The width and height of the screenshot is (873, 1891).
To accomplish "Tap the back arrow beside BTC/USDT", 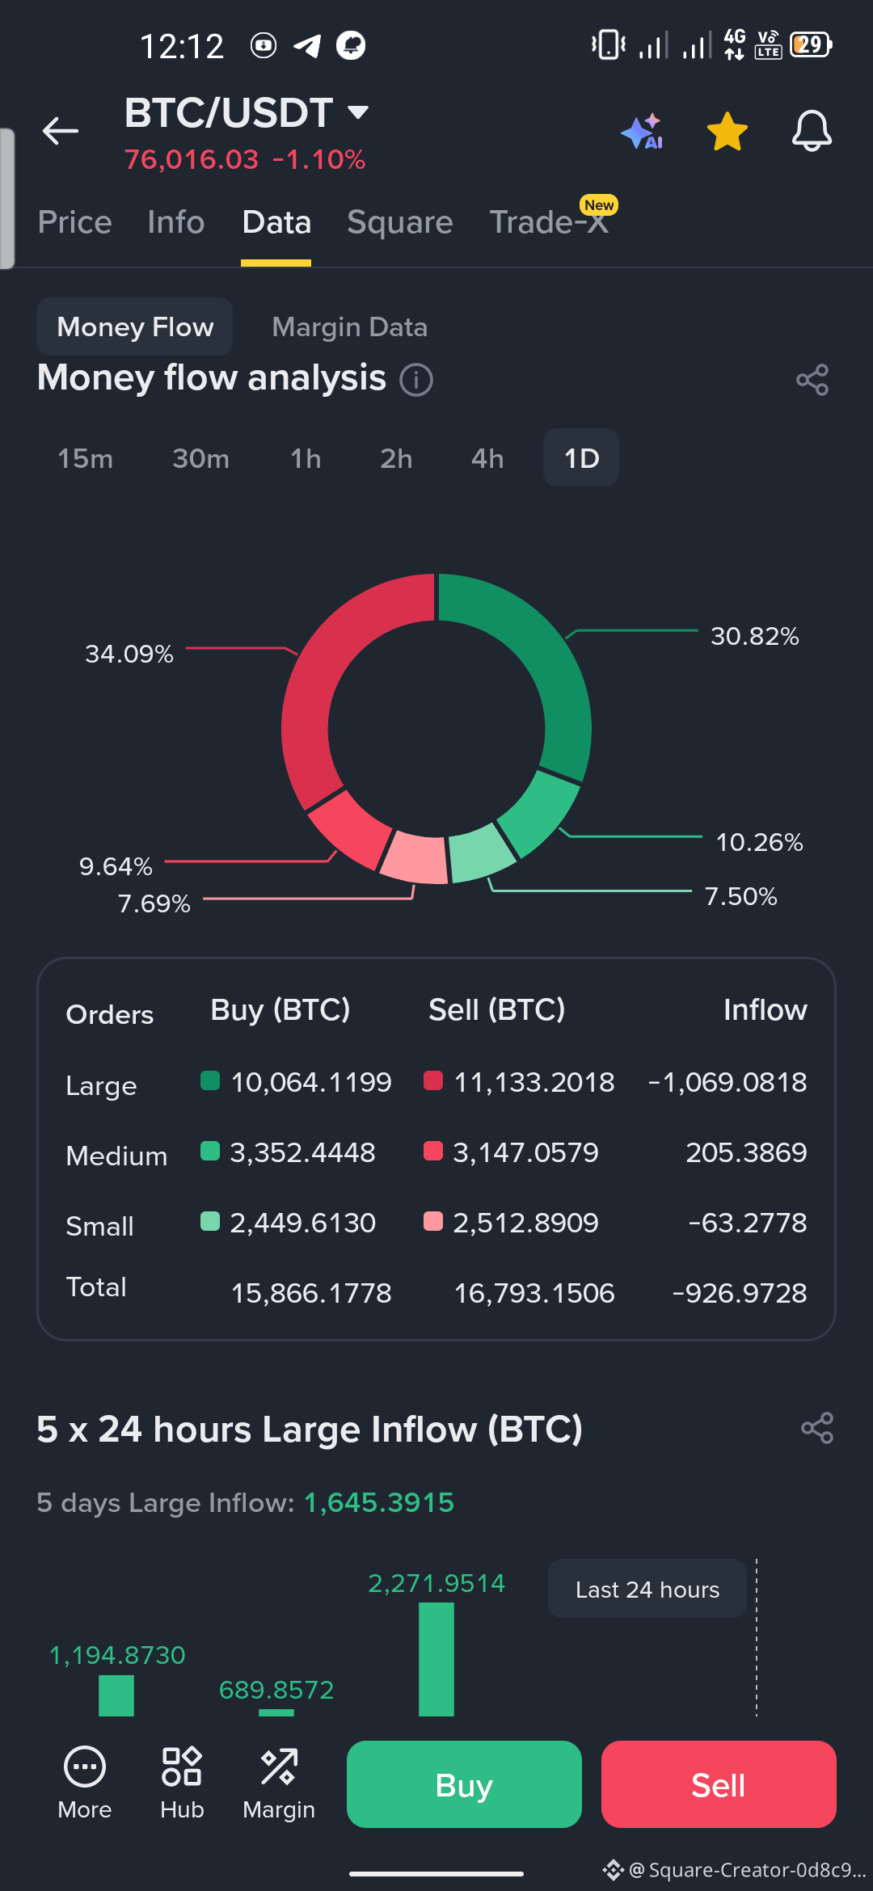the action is tap(61, 130).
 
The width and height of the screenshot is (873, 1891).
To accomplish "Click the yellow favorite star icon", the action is tap(727, 131).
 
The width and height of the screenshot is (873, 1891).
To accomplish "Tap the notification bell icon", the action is tap(812, 131).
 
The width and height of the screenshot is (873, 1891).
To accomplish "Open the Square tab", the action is tap(400, 222).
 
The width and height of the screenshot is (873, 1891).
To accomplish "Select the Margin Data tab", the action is tap(349, 327).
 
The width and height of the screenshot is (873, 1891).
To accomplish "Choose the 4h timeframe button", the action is tap(487, 458).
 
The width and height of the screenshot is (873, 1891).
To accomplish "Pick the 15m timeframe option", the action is tap(85, 458).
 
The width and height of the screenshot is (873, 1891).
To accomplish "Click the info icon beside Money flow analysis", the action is tap(416, 379).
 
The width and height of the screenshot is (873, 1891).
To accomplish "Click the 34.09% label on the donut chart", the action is tap(129, 654).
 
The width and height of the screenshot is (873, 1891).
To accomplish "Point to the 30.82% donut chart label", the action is tap(755, 636).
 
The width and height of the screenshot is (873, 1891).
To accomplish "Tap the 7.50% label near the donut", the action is tap(740, 896).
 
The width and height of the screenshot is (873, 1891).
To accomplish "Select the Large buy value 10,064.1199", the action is tap(311, 1082).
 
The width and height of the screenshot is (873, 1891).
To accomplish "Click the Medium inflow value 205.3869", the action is tap(746, 1152).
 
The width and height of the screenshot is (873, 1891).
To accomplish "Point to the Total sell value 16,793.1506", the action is tap(534, 1293).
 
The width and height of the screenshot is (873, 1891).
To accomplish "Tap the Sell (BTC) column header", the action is tap(496, 1010).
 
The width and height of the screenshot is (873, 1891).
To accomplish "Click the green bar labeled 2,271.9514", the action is tap(436, 1659).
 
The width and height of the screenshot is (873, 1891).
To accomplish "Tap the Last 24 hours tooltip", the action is tap(647, 1590).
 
